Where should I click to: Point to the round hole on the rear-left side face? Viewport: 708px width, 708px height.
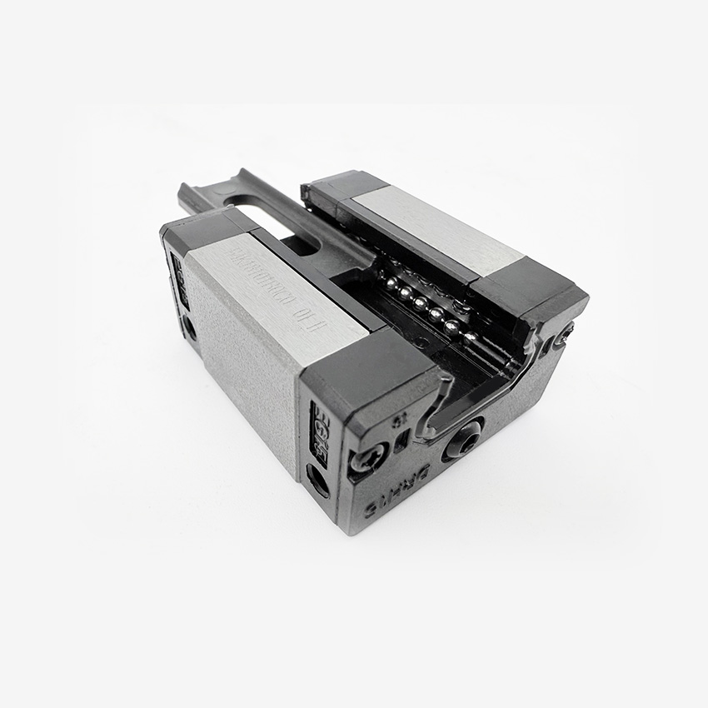click(190, 327)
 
